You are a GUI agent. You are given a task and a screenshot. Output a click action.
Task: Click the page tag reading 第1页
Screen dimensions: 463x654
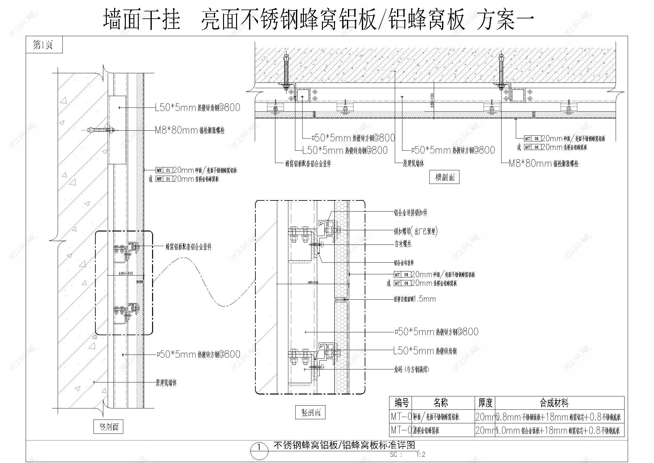pos(43,45)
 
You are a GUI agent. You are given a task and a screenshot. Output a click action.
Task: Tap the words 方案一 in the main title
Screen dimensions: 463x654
pos(505,20)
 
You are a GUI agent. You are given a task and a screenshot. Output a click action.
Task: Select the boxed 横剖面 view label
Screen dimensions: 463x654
pos(444,177)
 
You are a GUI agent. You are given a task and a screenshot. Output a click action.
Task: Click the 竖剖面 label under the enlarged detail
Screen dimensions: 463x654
pos(310,412)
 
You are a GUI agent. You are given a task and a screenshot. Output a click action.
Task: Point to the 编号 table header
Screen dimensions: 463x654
pos(401,403)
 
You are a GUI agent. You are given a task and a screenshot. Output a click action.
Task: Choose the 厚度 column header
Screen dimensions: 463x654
pos(485,403)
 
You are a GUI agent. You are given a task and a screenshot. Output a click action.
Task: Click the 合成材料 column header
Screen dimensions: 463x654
pos(554,403)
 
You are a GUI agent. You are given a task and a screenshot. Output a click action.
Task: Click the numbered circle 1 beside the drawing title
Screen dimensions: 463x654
pos(259,448)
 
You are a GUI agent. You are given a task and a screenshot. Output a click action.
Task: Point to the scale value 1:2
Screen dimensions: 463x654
pos(421,454)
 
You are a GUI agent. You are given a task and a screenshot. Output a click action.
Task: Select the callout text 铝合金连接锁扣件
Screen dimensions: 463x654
pos(410,213)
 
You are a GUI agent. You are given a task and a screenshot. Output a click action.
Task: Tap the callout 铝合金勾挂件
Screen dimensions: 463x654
pos(404,263)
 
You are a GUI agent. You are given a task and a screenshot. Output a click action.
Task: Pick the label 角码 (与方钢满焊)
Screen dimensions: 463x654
pos(411,369)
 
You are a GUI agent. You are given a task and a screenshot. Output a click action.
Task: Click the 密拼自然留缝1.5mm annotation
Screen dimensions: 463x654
pos(415,299)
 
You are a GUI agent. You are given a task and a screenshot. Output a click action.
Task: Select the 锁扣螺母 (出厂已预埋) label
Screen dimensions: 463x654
pos(415,231)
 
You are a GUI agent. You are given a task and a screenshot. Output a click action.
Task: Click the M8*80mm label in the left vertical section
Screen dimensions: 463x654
pos(189,130)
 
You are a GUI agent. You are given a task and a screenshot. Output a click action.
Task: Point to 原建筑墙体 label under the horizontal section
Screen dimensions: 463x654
pos(413,164)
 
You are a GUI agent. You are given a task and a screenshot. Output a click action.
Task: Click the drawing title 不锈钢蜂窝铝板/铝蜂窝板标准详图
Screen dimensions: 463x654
pos(344,445)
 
